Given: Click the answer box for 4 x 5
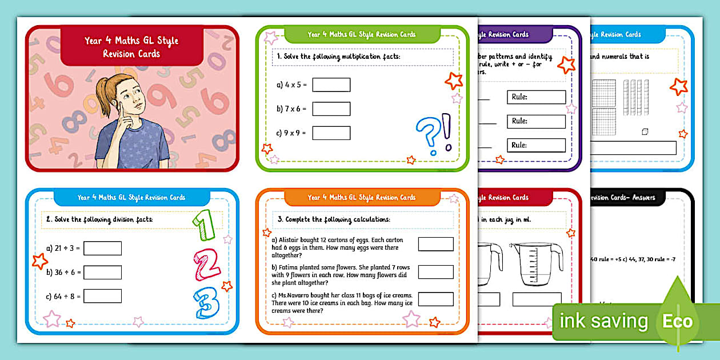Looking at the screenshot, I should point(331,85).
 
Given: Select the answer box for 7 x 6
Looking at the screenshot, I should point(331,109).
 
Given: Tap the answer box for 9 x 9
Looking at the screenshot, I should point(331,133).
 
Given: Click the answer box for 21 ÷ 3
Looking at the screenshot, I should point(102,249).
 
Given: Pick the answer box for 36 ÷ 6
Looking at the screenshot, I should point(102,273).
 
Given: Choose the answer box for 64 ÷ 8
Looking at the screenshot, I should point(102,296).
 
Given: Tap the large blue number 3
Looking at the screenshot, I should point(206,303).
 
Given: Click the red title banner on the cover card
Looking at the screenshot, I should point(131,47).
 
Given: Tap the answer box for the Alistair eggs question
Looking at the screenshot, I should point(435,244).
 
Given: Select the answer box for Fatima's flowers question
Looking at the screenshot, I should point(435,272).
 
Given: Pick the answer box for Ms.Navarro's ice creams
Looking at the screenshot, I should point(435,299).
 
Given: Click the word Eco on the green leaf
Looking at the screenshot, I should point(677,321).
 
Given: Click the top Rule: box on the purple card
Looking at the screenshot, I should point(536,97).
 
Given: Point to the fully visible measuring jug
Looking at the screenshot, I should point(536,265).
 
